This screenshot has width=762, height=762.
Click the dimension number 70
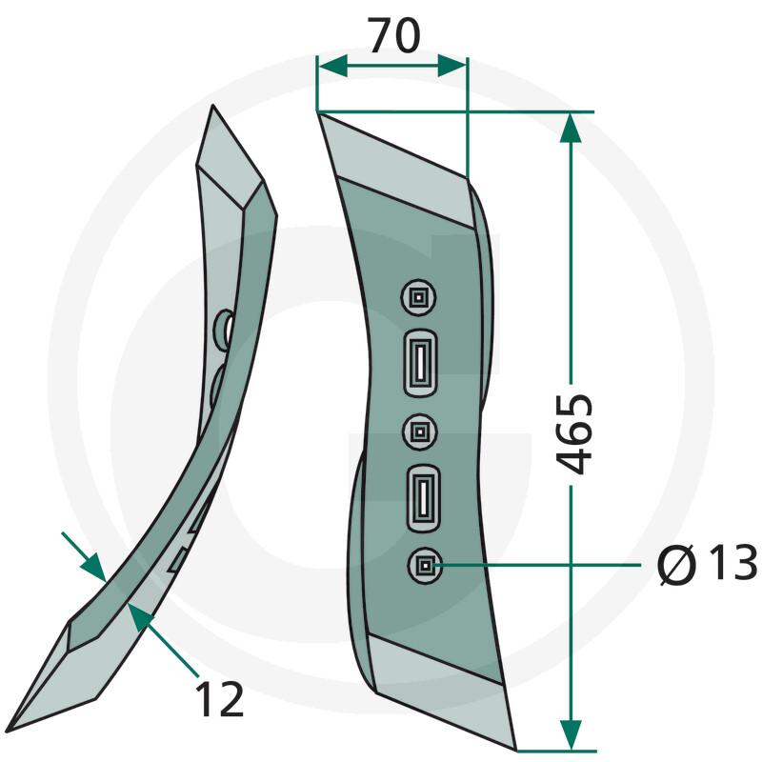click(393, 35)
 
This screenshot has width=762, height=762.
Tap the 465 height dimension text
click(574, 434)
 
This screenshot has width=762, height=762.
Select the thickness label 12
click(219, 699)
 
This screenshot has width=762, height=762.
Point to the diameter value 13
click(732, 563)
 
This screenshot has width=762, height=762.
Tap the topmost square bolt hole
click(418, 297)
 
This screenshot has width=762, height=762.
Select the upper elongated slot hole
click(420, 364)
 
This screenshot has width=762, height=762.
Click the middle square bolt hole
click(420, 431)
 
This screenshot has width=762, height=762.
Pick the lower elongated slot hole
click(423, 498)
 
